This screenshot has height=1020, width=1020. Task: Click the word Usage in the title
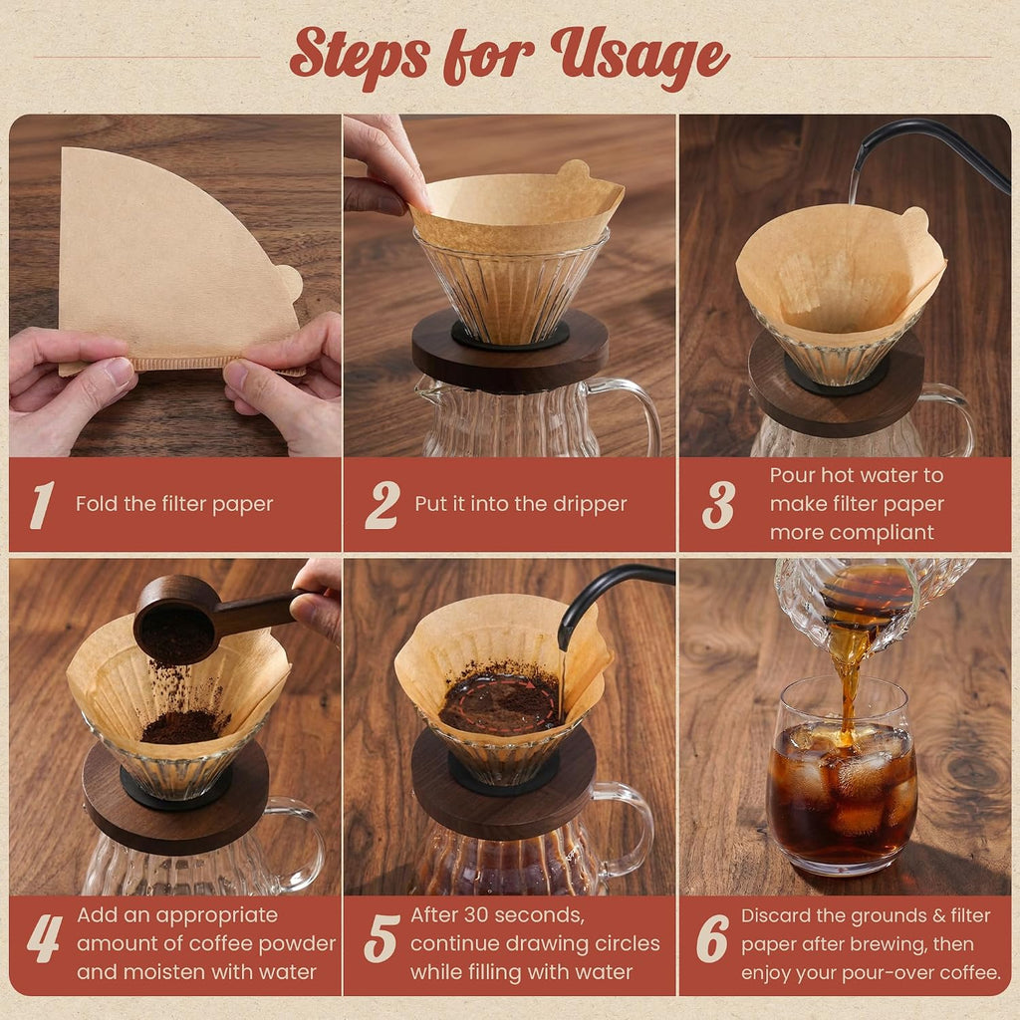pyautogui.click(x=640, y=55)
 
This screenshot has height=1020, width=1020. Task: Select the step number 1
pyautogui.click(x=42, y=505)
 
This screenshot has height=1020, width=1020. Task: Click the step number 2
pyautogui.click(x=382, y=505)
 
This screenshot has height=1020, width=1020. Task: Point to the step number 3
pyautogui.click(x=718, y=505)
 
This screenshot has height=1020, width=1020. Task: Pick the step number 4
pyautogui.click(x=45, y=939)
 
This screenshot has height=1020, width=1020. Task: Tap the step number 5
pyautogui.click(x=382, y=939)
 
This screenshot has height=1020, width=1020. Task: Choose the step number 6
pyautogui.click(x=712, y=939)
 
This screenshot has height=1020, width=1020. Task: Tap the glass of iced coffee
pyautogui.click(x=842, y=774)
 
